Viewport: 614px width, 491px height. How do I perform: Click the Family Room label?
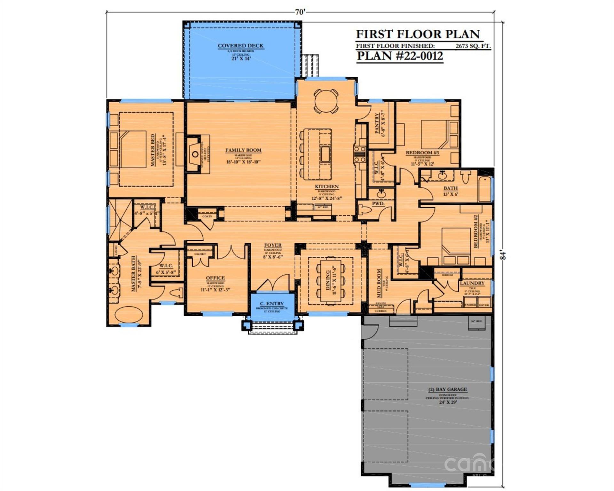[243, 150]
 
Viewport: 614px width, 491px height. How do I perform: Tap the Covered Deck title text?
[240, 46]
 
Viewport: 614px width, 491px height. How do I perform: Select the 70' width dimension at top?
[300, 12]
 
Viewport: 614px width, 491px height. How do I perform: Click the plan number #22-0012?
[400, 56]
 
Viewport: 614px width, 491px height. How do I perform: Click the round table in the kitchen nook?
[326, 101]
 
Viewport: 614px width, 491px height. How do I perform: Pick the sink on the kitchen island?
[326, 154]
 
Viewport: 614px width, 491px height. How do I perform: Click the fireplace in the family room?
[195, 154]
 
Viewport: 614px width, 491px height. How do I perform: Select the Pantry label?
[377, 123]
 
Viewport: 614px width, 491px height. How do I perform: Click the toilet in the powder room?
[366, 210]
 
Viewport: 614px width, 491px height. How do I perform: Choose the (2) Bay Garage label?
[447, 389]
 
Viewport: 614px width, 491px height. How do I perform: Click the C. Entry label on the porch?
[272, 303]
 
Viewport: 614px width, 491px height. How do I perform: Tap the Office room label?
[215, 278]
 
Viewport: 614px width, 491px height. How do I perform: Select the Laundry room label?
[472, 283]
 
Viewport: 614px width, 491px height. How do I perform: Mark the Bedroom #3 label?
[422, 153]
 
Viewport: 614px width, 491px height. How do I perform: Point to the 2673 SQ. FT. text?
[473, 46]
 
